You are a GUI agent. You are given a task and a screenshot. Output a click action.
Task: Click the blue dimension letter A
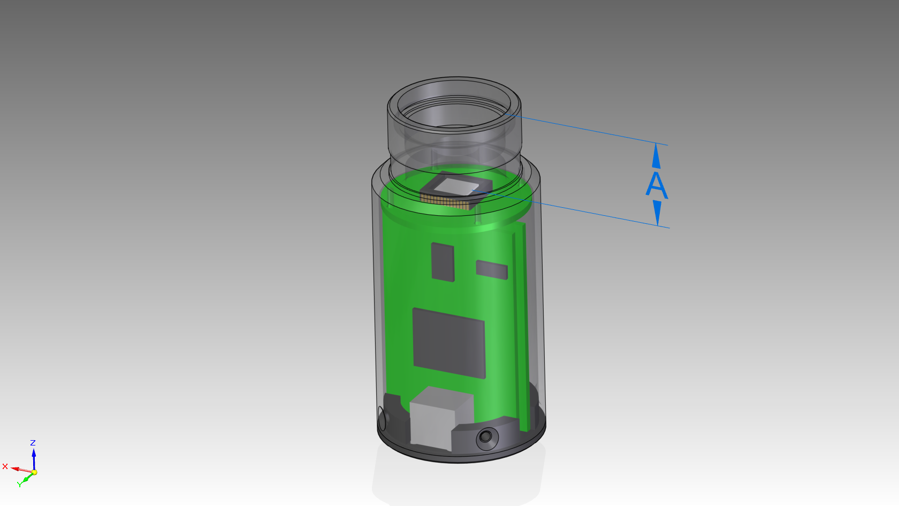tap(657, 185)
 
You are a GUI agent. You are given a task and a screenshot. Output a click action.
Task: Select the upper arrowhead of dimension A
tap(656, 156)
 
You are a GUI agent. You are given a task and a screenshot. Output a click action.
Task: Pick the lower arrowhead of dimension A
tap(657, 213)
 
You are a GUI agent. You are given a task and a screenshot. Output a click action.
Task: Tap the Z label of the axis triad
tap(33, 442)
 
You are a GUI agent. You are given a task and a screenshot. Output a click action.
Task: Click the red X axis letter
tap(5, 466)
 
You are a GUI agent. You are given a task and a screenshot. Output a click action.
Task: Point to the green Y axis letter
tap(19, 485)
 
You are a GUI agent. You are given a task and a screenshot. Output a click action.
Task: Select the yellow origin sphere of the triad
tap(34, 472)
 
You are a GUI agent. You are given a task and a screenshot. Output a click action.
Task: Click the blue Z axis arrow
tap(34, 459)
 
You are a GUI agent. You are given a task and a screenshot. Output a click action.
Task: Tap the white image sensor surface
tap(457, 187)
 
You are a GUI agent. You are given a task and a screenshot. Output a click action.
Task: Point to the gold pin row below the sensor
tap(445, 200)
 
